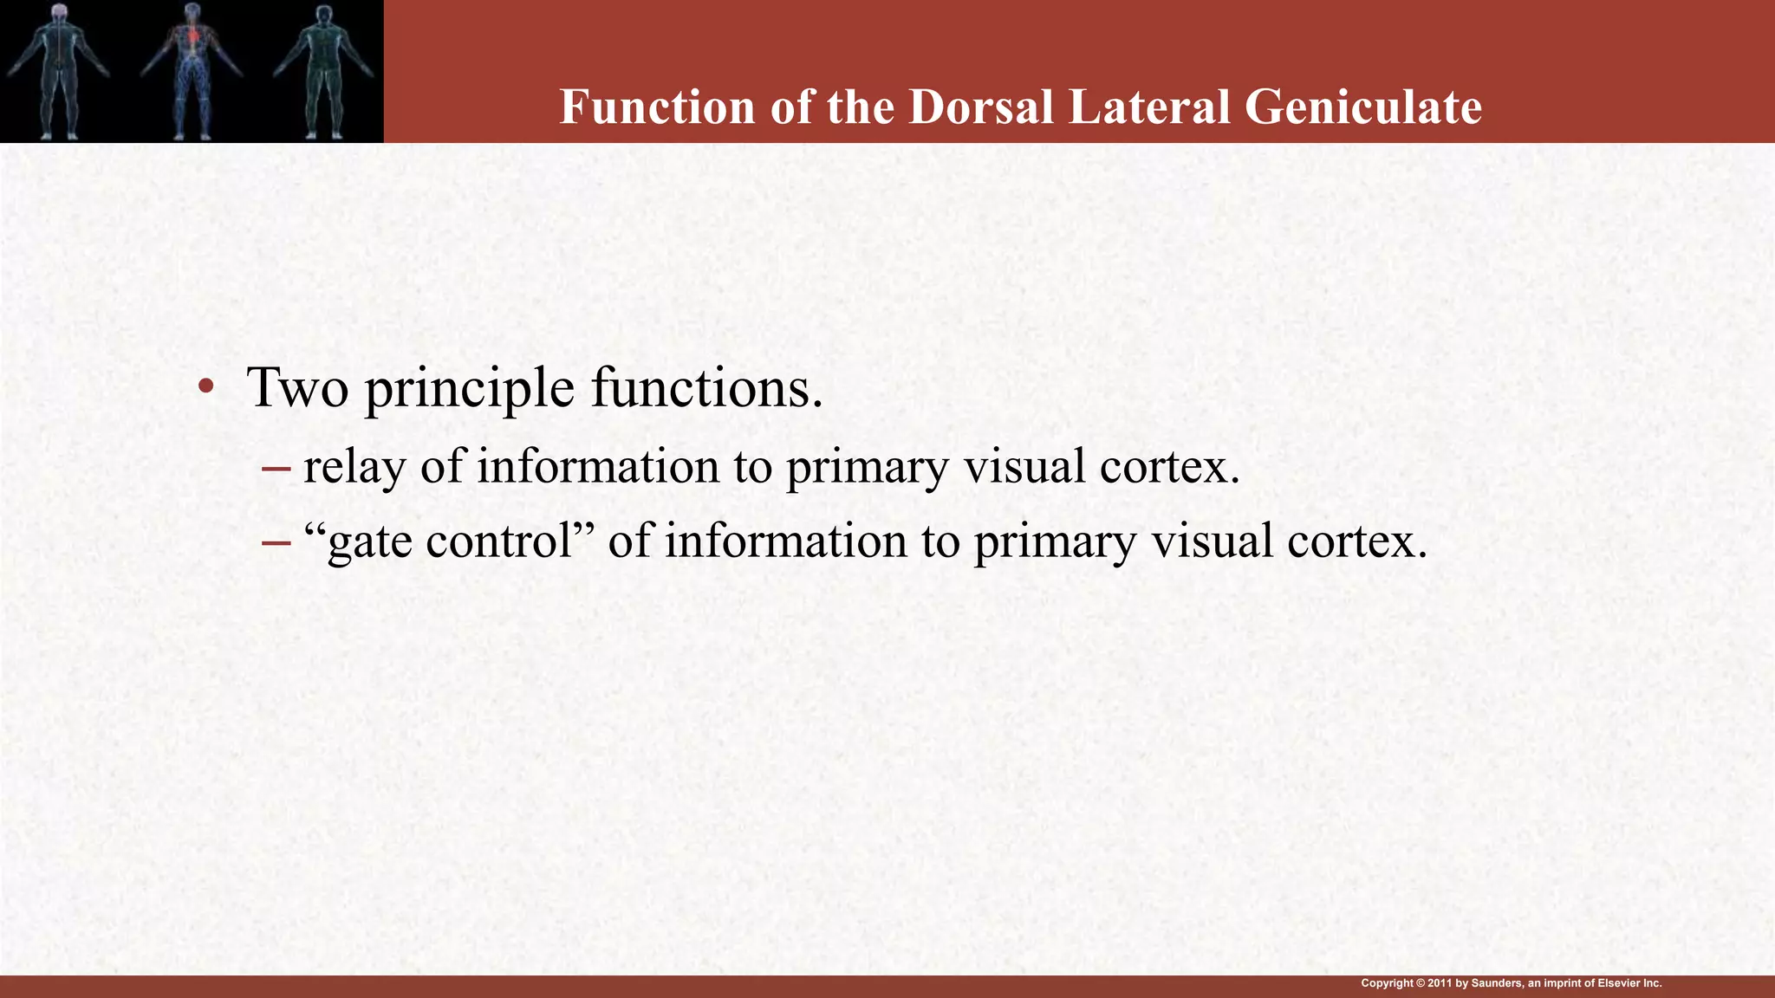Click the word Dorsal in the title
point(981,107)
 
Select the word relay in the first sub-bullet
point(354,467)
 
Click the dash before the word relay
point(276,468)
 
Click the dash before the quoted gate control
point(276,542)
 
